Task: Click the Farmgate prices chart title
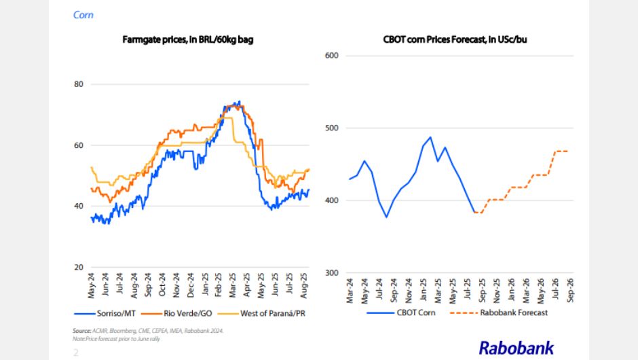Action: pos(188,40)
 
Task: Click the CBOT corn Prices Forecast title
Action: pos(455,40)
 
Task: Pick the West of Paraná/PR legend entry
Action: pos(269,312)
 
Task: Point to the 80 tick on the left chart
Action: pos(78,84)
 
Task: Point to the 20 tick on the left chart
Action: pos(78,267)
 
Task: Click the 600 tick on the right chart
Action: pos(333,56)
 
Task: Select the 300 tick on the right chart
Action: pos(333,273)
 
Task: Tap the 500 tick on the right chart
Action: pos(333,128)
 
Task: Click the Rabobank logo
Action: pos(517,347)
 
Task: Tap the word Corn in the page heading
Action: pos(83,14)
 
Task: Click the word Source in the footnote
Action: pos(81,331)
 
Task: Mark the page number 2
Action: pos(76,352)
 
